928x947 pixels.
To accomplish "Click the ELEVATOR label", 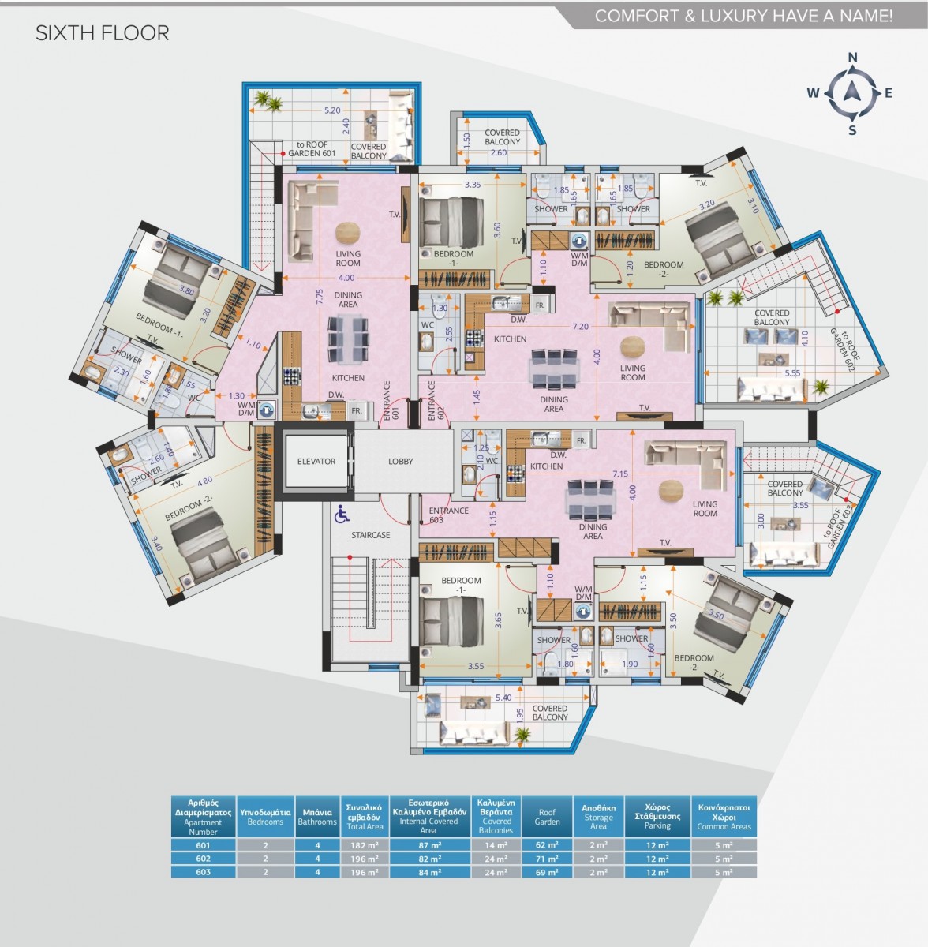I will tap(316, 462).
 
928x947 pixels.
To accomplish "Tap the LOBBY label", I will tap(400, 462).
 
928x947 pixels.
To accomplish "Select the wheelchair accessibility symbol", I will tap(342, 515).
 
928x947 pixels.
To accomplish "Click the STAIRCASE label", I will tap(371, 535).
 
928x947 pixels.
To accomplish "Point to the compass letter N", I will tap(852, 57).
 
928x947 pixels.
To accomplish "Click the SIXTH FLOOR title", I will tap(103, 33).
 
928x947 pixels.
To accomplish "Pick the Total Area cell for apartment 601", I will tap(364, 845).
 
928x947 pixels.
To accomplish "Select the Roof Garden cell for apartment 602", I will tap(547, 859).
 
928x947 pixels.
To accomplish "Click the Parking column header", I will tap(657, 816).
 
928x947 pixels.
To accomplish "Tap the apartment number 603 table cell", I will tap(203, 872).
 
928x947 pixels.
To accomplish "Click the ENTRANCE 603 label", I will tap(449, 515).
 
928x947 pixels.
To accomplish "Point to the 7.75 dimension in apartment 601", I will tap(320, 296).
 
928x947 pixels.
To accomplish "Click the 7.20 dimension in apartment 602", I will tap(580, 326).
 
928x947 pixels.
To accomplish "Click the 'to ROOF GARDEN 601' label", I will tap(312, 149).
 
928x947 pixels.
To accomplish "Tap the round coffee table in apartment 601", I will tap(346, 233).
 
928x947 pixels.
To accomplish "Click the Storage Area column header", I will tap(598, 817).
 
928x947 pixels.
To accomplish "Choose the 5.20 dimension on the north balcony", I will tap(332, 111).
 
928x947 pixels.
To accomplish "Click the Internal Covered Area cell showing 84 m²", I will tap(428, 872).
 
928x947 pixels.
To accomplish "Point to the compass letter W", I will tap(813, 93).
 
